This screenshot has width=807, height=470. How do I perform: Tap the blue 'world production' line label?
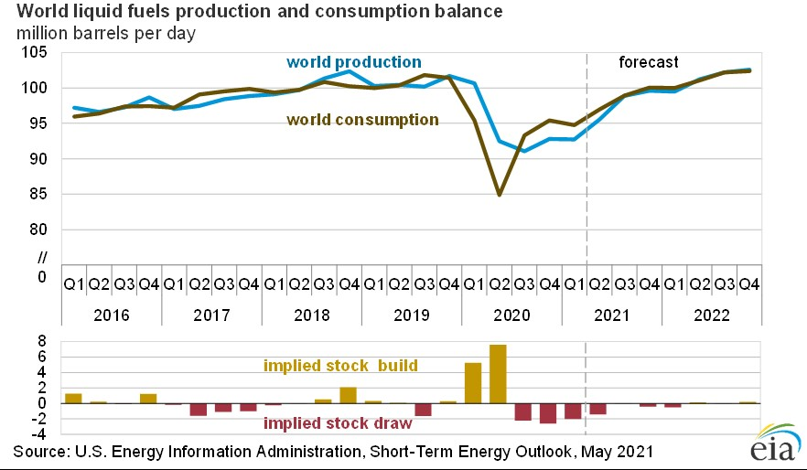353,62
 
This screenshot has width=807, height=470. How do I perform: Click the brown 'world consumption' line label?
362,120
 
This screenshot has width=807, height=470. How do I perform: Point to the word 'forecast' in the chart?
649,63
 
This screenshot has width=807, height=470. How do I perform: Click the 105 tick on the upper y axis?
34,52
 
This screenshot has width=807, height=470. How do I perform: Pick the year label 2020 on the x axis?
511,314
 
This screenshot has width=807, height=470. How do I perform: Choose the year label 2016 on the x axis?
112,314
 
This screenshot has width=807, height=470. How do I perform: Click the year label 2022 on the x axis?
710,314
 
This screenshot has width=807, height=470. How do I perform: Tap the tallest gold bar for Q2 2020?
498,373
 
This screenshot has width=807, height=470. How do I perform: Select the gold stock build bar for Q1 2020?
473,382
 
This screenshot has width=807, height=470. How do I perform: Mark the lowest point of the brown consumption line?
499,195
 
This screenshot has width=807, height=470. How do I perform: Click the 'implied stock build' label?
340,366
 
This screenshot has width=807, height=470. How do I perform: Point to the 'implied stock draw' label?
337,423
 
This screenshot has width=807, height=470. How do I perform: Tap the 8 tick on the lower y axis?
41,341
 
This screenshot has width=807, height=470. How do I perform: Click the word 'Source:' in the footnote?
42,452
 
